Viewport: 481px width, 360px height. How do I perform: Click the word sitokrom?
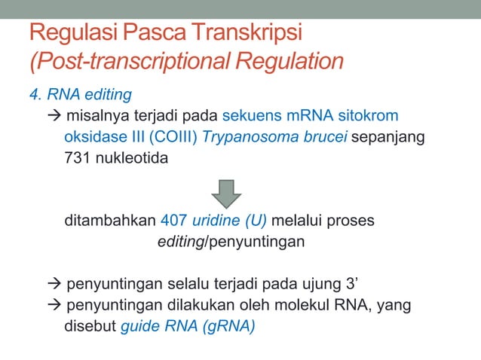point(368,117)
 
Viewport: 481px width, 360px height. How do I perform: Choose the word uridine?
point(219,222)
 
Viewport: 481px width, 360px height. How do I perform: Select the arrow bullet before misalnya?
point(55,117)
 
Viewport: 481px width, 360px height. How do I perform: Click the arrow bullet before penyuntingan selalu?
point(55,285)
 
